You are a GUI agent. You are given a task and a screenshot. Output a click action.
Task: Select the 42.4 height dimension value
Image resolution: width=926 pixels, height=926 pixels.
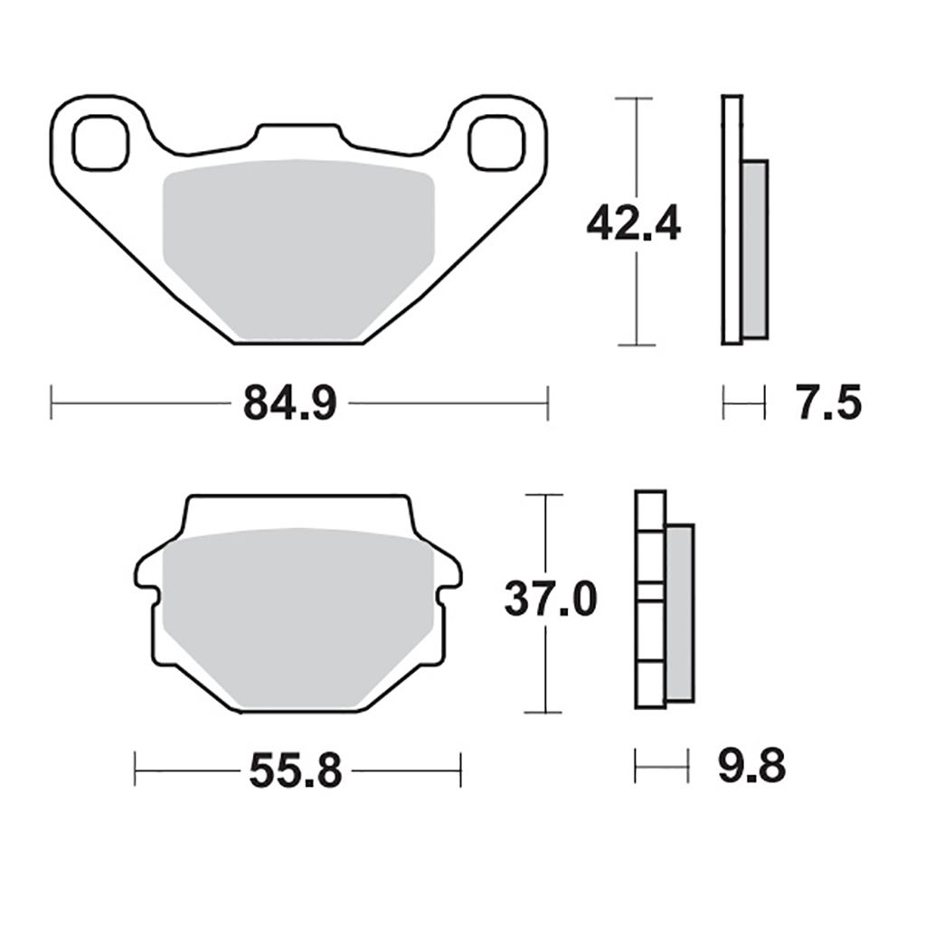click(633, 222)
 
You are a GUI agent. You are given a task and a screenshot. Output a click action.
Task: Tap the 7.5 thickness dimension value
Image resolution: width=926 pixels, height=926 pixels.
click(828, 402)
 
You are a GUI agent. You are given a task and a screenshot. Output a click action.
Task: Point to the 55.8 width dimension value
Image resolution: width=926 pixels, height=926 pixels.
click(296, 770)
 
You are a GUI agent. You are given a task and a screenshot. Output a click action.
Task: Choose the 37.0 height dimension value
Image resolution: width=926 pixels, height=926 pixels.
click(551, 599)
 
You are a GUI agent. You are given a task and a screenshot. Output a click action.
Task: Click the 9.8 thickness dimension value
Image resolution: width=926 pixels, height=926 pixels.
click(751, 765)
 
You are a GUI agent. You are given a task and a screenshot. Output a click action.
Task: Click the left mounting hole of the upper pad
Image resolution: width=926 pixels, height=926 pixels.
click(100, 143)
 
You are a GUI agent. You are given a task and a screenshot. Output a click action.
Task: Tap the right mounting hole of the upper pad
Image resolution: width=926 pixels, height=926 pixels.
click(496, 143)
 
